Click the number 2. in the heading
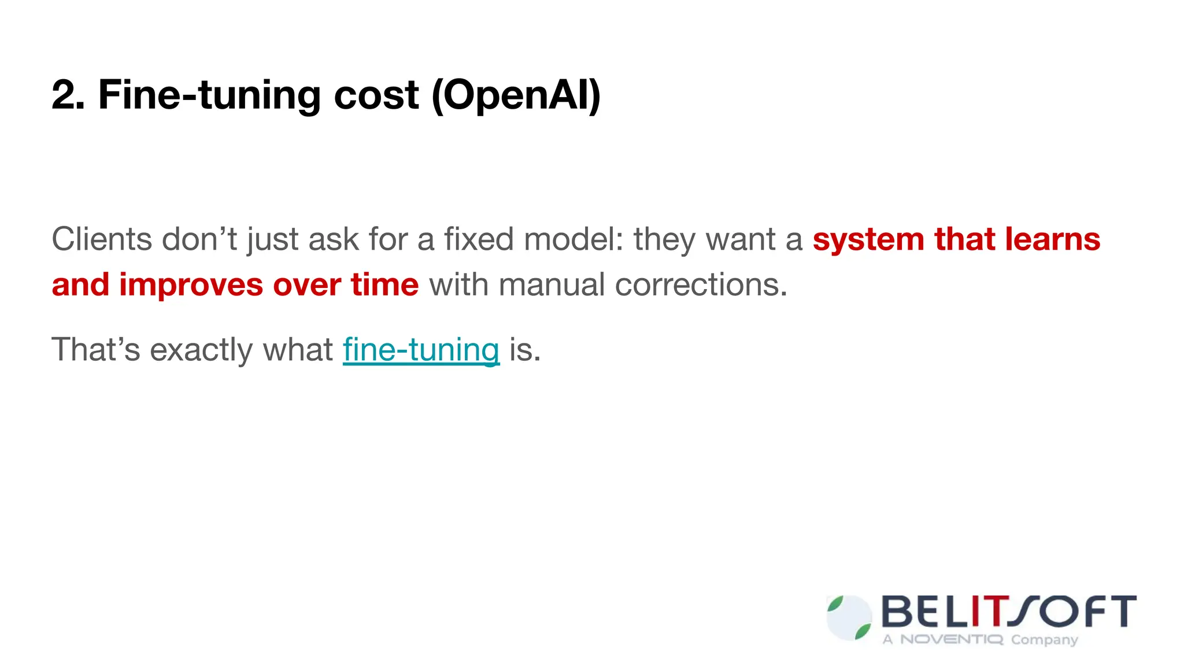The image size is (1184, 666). (68, 95)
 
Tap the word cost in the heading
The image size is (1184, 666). (376, 95)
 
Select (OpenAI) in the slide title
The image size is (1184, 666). (516, 95)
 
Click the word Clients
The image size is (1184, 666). (101, 239)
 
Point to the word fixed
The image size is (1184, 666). (478, 239)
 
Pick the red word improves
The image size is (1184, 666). (191, 285)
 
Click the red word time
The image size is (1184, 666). (384, 285)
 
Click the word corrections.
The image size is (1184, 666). (701, 285)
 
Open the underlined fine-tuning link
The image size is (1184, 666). (421, 350)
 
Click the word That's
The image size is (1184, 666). (95, 349)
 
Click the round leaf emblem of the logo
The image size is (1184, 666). (849, 618)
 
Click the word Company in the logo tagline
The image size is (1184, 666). (1044, 640)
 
